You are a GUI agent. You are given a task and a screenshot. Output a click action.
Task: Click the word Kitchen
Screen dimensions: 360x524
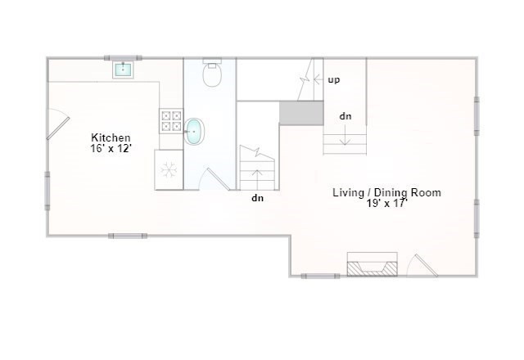click(111, 137)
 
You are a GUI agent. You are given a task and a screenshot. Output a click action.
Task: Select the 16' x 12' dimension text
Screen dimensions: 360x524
click(111, 149)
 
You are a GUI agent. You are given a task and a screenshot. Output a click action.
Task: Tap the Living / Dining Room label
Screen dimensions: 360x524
click(386, 193)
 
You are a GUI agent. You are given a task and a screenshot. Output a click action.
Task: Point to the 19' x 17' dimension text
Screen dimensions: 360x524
click(386, 204)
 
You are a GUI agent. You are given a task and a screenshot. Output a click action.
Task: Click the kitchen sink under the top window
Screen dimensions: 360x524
click(123, 69)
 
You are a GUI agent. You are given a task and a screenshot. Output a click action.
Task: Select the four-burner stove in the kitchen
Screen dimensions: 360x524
click(171, 121)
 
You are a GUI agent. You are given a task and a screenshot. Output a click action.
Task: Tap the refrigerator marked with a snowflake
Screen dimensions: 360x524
click(169, 170)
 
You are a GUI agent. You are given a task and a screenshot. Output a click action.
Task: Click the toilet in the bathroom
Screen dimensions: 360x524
click(213, 74)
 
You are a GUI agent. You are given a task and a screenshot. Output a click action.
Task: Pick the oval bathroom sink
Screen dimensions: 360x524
click(194, 131)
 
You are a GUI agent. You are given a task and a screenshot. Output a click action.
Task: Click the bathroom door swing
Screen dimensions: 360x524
click(216, 179)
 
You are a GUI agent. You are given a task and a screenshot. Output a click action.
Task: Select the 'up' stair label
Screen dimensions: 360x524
click(334, 80)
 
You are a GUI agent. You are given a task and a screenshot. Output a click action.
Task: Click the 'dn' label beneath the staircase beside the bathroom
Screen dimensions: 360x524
click(257, 197)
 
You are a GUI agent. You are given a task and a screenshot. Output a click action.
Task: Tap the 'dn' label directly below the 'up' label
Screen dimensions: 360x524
click(346, 116)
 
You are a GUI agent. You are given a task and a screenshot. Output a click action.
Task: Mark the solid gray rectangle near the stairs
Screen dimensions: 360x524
click(301, 114)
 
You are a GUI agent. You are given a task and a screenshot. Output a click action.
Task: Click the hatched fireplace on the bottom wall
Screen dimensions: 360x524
click(373, 266)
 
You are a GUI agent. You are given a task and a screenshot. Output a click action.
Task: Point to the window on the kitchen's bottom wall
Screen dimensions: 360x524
click(128, 236)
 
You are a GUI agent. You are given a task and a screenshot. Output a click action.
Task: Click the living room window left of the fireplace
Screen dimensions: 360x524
click(320, 276)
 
